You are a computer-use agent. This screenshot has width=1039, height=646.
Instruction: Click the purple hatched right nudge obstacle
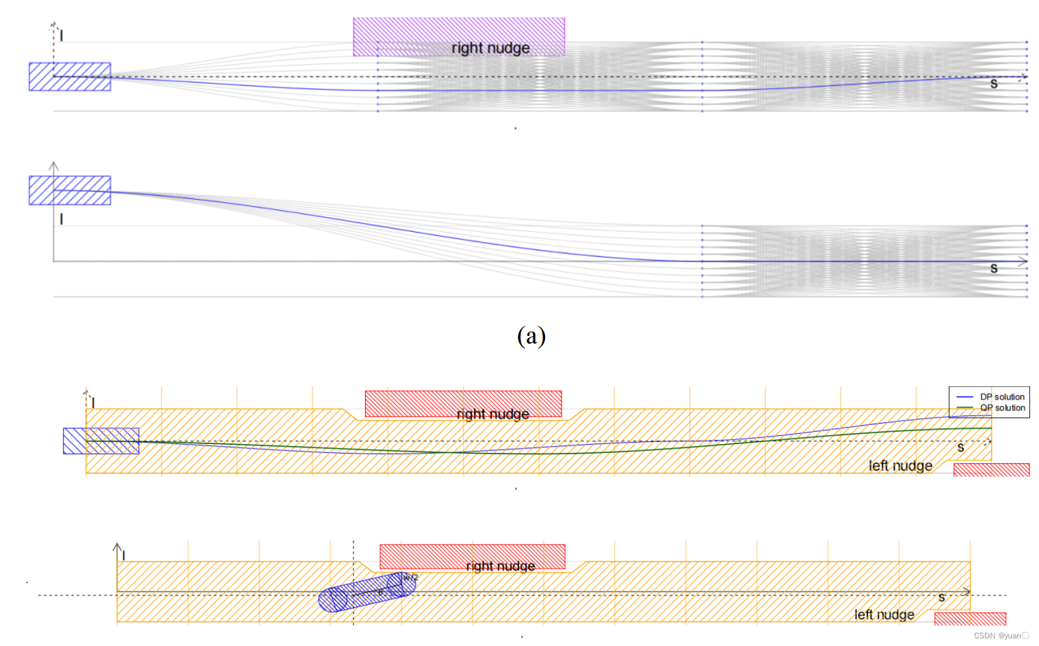(458, 37)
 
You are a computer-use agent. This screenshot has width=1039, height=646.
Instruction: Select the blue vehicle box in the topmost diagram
(70, 77)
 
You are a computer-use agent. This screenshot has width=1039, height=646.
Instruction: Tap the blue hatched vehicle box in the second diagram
(70, 191)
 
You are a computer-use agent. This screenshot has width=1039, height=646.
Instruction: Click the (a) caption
(531, 335)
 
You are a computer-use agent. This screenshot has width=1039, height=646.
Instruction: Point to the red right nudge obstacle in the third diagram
(463, 404)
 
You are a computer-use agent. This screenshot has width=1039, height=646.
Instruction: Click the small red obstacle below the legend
(991, 470)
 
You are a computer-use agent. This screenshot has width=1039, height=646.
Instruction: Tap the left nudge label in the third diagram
(900, 466)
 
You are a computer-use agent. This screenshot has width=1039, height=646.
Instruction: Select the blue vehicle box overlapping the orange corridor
(101, 441)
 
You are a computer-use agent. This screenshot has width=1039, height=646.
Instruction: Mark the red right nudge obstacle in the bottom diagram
(472, 556)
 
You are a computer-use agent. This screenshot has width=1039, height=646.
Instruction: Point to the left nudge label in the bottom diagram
(884, 614)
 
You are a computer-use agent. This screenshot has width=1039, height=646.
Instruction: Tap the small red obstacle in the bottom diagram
(970, 619)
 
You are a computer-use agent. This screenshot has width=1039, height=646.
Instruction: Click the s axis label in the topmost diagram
(994, 84)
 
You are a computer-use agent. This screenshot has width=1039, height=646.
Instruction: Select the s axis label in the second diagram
(994, 269)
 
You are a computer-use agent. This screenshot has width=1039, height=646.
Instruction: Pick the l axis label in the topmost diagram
(61, 36)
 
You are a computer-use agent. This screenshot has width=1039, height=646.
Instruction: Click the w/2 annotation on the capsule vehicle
(411, 577)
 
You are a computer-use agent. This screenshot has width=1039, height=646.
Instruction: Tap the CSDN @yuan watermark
(1001, 636)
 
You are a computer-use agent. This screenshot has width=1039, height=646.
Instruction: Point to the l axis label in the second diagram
(61, 219)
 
